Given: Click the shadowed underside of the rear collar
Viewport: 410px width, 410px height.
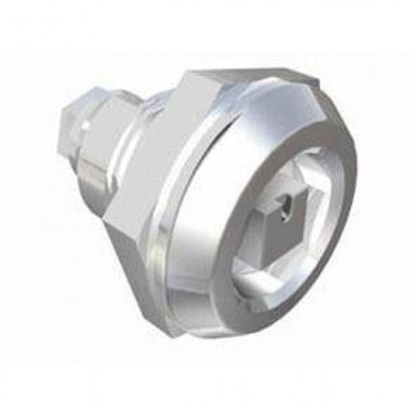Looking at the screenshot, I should pos(99,181).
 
